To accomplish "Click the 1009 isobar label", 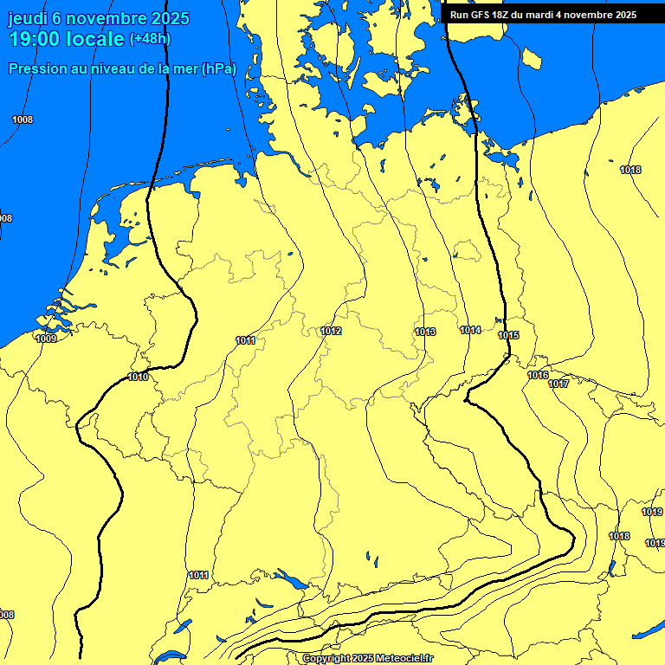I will (46, 339).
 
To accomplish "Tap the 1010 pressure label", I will (138, 377).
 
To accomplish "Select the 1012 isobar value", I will (331, 332).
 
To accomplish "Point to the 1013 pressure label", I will (425, 332).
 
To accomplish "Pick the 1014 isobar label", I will (471, 330).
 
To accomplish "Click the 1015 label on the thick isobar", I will (508, 335).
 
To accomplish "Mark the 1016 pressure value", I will (538, 375).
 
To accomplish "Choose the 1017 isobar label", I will (558, 384).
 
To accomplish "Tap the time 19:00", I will (36, 39).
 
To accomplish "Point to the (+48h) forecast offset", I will (150, 39).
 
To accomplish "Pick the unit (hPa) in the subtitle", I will (218, 69).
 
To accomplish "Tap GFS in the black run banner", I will (481, 15).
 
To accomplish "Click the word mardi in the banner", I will (556, 15).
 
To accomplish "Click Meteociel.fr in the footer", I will (404, 659).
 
